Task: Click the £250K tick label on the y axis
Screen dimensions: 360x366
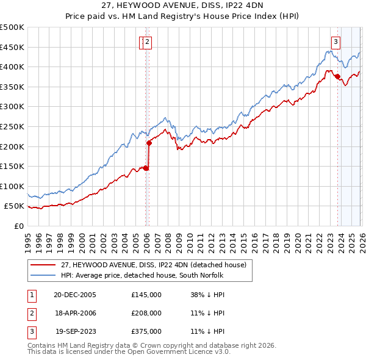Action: pos(12,126)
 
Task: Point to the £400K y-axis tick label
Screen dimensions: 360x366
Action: pos(12,67)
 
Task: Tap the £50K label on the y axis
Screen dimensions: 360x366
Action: pos(15,206)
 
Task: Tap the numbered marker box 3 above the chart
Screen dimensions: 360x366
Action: pos(335,42)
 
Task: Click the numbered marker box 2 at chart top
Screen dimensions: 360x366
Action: pos(148,42)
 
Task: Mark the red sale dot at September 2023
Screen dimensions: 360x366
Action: pos(337,76)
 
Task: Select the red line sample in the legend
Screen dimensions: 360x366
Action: pos(44,265)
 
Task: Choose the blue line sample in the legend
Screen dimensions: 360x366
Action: pos(44,275)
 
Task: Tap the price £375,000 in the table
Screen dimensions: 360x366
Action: pos(146,331)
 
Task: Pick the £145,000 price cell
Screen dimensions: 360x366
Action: pos(146,295)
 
